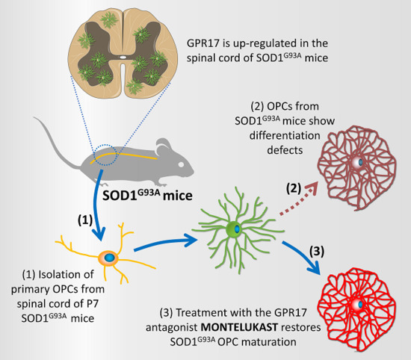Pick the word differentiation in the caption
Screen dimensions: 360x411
point(312,137)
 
